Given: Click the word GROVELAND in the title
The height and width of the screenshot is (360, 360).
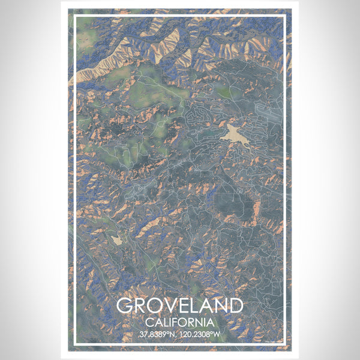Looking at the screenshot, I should pos(180,305).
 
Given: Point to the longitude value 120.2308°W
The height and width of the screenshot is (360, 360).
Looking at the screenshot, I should pos(202,334).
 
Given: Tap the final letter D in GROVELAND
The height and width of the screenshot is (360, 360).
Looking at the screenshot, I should pos(236,305).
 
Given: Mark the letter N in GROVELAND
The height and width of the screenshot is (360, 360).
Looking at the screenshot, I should pos(221,305).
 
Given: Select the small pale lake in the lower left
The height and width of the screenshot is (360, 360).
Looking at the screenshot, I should pos(116,239).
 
